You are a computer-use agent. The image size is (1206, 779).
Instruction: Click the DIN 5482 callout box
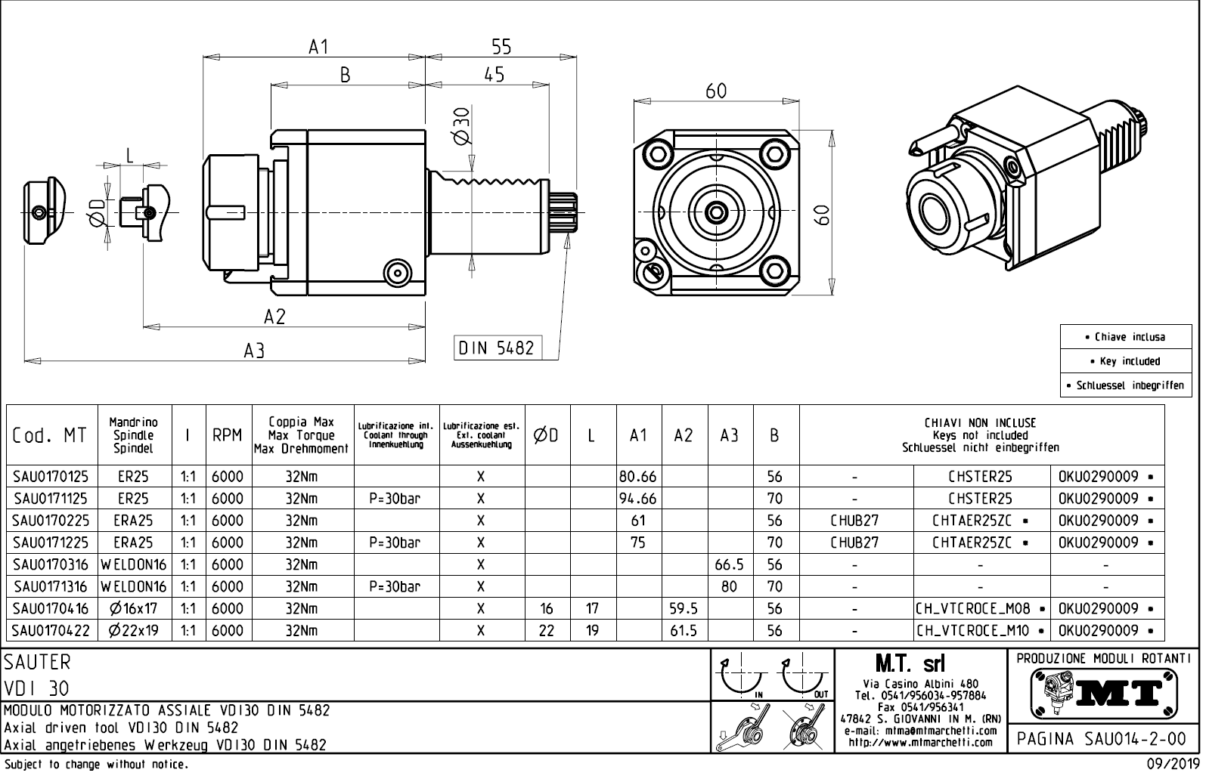(x=497, y=348)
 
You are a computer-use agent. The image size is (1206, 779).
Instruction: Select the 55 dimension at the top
(x=501, y=47)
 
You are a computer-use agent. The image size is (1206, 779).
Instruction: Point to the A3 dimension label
(x=254, y=351)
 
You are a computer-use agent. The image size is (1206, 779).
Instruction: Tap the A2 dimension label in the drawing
(x=274, y=317)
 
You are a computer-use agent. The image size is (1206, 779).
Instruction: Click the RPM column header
(x=227, y=435)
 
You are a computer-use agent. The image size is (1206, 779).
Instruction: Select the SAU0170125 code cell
(x=51, y=477)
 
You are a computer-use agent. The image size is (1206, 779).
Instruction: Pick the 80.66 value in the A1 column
(x=638, y=477)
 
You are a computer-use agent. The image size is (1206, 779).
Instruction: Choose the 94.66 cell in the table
(x=638, y=499)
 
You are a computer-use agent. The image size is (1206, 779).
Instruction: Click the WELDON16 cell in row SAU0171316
(x=134, y=586)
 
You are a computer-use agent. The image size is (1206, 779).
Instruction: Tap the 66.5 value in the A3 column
(x=729, y=564)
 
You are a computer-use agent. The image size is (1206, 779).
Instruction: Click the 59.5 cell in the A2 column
(x=684, y=608)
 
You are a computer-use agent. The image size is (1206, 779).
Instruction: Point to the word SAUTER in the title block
(x=38, y=663)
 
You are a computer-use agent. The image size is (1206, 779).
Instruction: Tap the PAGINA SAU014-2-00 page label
(x=1103, y=738)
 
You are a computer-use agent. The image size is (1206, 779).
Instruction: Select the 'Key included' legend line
(x=1125, y=361)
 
